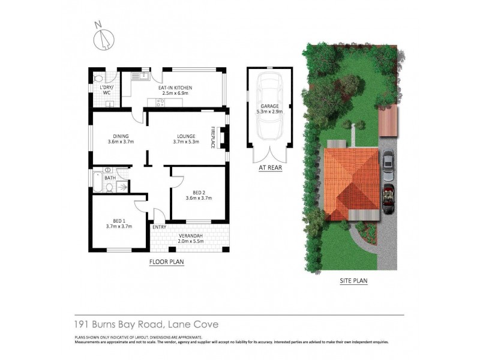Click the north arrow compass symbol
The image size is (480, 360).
pyautogui.click(x=104, y=38)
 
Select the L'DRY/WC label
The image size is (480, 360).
pyautogui.click(x=106, y=90)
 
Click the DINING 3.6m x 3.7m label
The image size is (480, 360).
pyautogui.click(x=120, y=139)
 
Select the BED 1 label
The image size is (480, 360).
pyautogui.click(x=119, y=224)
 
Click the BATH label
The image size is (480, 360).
pyautogui.click(x=110, y=178)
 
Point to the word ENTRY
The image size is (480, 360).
pyautogui.click(x=159, y=227)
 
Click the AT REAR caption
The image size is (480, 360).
pyautogui.click(x=270, y=168)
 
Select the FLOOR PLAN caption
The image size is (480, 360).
pyautogui.click(x=166, y=262)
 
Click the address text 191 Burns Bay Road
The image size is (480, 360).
pyautogui.click(x=120, y=325)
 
